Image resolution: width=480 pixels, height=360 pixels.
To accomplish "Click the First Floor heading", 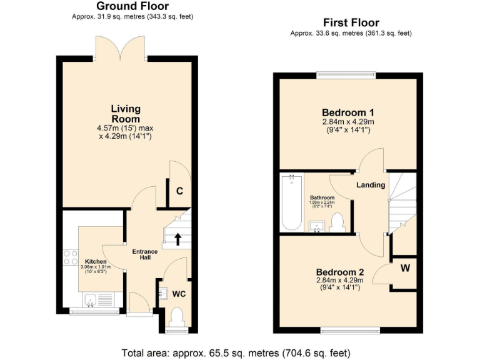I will point(351,23).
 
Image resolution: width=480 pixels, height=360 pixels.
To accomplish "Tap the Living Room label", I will point(126,114).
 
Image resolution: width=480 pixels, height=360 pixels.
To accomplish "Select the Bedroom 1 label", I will point(347,112).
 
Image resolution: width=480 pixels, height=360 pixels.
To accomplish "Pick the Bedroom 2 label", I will point(339,272).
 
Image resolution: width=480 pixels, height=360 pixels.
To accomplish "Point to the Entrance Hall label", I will point(144,254).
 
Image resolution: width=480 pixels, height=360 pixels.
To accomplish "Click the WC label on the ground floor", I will point(179,293).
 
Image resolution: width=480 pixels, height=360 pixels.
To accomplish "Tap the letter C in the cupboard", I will point(179,192).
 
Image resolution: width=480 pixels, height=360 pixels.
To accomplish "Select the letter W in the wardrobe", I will point(405,269).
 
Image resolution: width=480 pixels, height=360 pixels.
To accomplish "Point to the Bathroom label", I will point(322,197).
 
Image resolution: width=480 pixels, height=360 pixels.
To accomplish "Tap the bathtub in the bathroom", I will point(291,202).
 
